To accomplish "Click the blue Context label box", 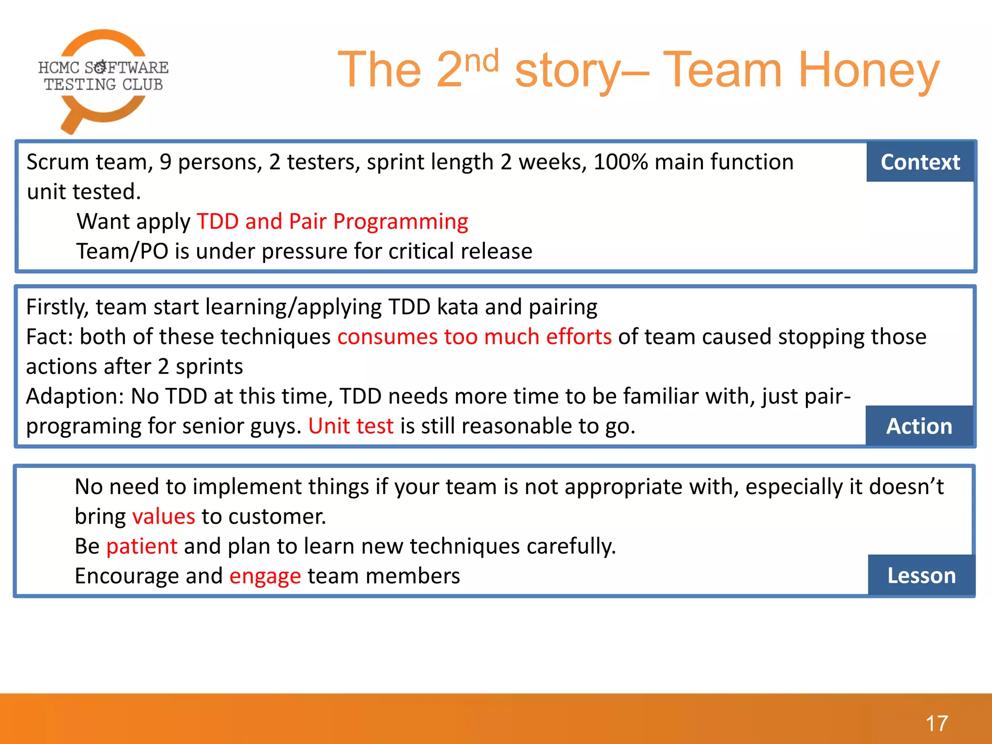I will (x=919, y=162).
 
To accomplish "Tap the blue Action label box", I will (x=919, y=426).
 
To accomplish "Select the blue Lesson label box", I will (x=921, y=575).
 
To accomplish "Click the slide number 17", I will (x=936, y=723).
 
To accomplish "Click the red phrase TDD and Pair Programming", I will (x=332, y=221).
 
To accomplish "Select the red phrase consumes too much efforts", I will (x=474, y=337).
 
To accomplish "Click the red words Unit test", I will (x=351, y=426).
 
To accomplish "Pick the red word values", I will (x=164, y=516).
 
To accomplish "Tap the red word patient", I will (x=141, y=546).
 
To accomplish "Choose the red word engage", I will (x=265, y=576).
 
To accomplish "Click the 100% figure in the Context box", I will (x=620, y=162).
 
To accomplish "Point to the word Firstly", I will (x=57, y=307).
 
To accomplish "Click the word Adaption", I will (x=75, y=396).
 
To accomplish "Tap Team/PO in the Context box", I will (x=122, y=251).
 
